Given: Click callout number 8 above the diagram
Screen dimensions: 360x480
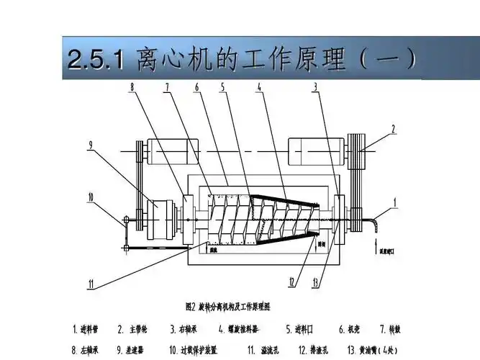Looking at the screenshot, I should [x=132, y=88].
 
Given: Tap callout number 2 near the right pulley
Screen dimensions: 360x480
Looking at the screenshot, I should [x=394, y=130].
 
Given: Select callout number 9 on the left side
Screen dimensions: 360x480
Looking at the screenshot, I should [x=90, y=145].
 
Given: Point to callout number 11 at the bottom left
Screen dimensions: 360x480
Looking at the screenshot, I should [x=91, y=285].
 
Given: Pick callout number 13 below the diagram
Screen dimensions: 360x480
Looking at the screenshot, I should [x=316, y=282].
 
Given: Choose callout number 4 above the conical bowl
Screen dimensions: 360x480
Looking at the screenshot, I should [x=259, y=88].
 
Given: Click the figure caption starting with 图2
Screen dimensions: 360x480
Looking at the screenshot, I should [x=227, y=306].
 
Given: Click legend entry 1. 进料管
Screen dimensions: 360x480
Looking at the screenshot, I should [x=86, y=330].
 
